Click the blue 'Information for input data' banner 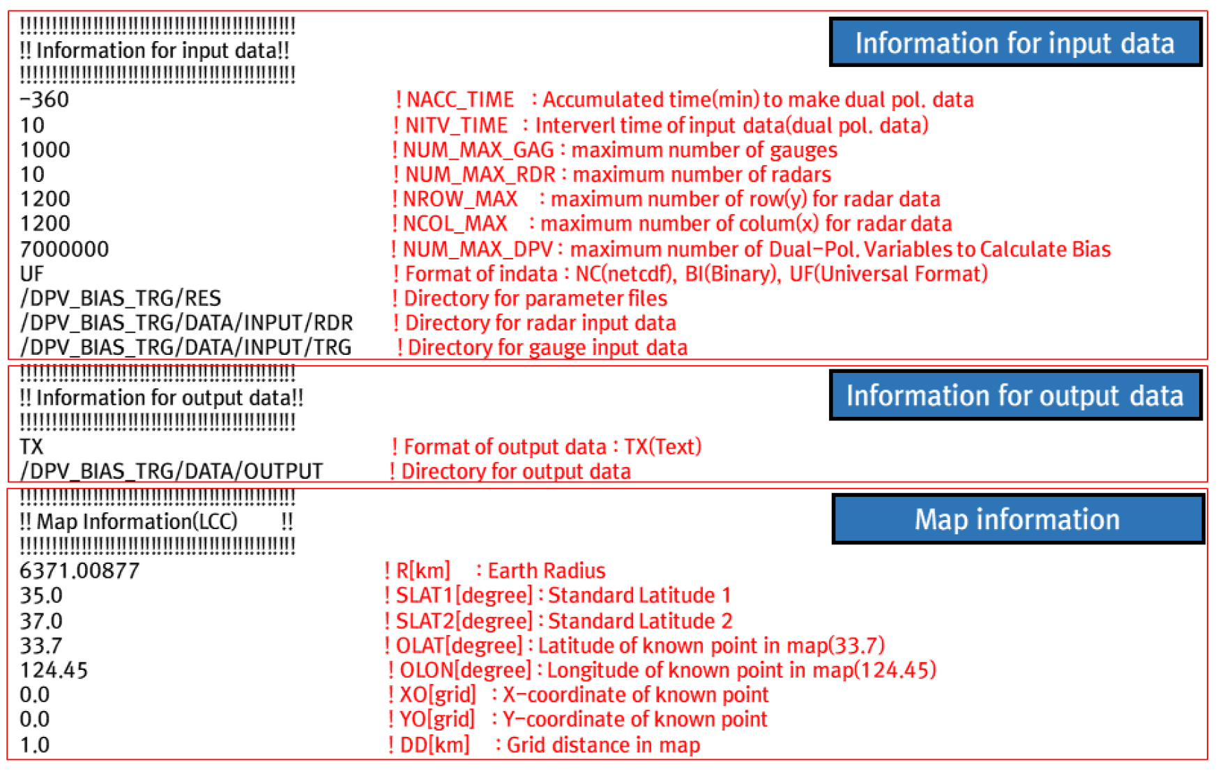pyautogui.click(x=1015, y=43)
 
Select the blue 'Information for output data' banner pyautogui.click(x=1015, y=395)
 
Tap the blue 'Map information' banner pyautogui.click(x=1018, y=519)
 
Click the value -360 pyautogui.click(x=45, y=100)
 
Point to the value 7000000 pyautogui.click(x=64, y=249)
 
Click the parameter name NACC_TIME pyautogui.click(x=460, y=100)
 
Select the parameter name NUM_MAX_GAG pyautogui.click(x=478, y=150)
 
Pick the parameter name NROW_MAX pyautogui.click(x=460, y=199)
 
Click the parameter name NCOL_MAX pyautogui.click(x=455, y=223)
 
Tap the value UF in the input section pyautogui.click(x=32, y=273)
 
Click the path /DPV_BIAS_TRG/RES pyautogui.click(x=121, y=298)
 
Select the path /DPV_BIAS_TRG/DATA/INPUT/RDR pyautogui.click(x=186, y=323)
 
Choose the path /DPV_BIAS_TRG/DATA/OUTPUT pyautogui.click(x=172, y=471)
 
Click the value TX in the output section pyautogui.click(x=31, y=446)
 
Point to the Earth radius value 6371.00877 pyautogui.click(x=79, y=570)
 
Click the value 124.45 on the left pyautogui.click(x=54, y=670)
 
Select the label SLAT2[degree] pyautogui.click(x=464, y=620)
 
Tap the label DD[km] pyautogui.click(x=435, y=745)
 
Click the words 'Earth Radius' pyautogui.click(x=547, y=570)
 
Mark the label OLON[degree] pyautogui.click(x=466, y=670)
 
